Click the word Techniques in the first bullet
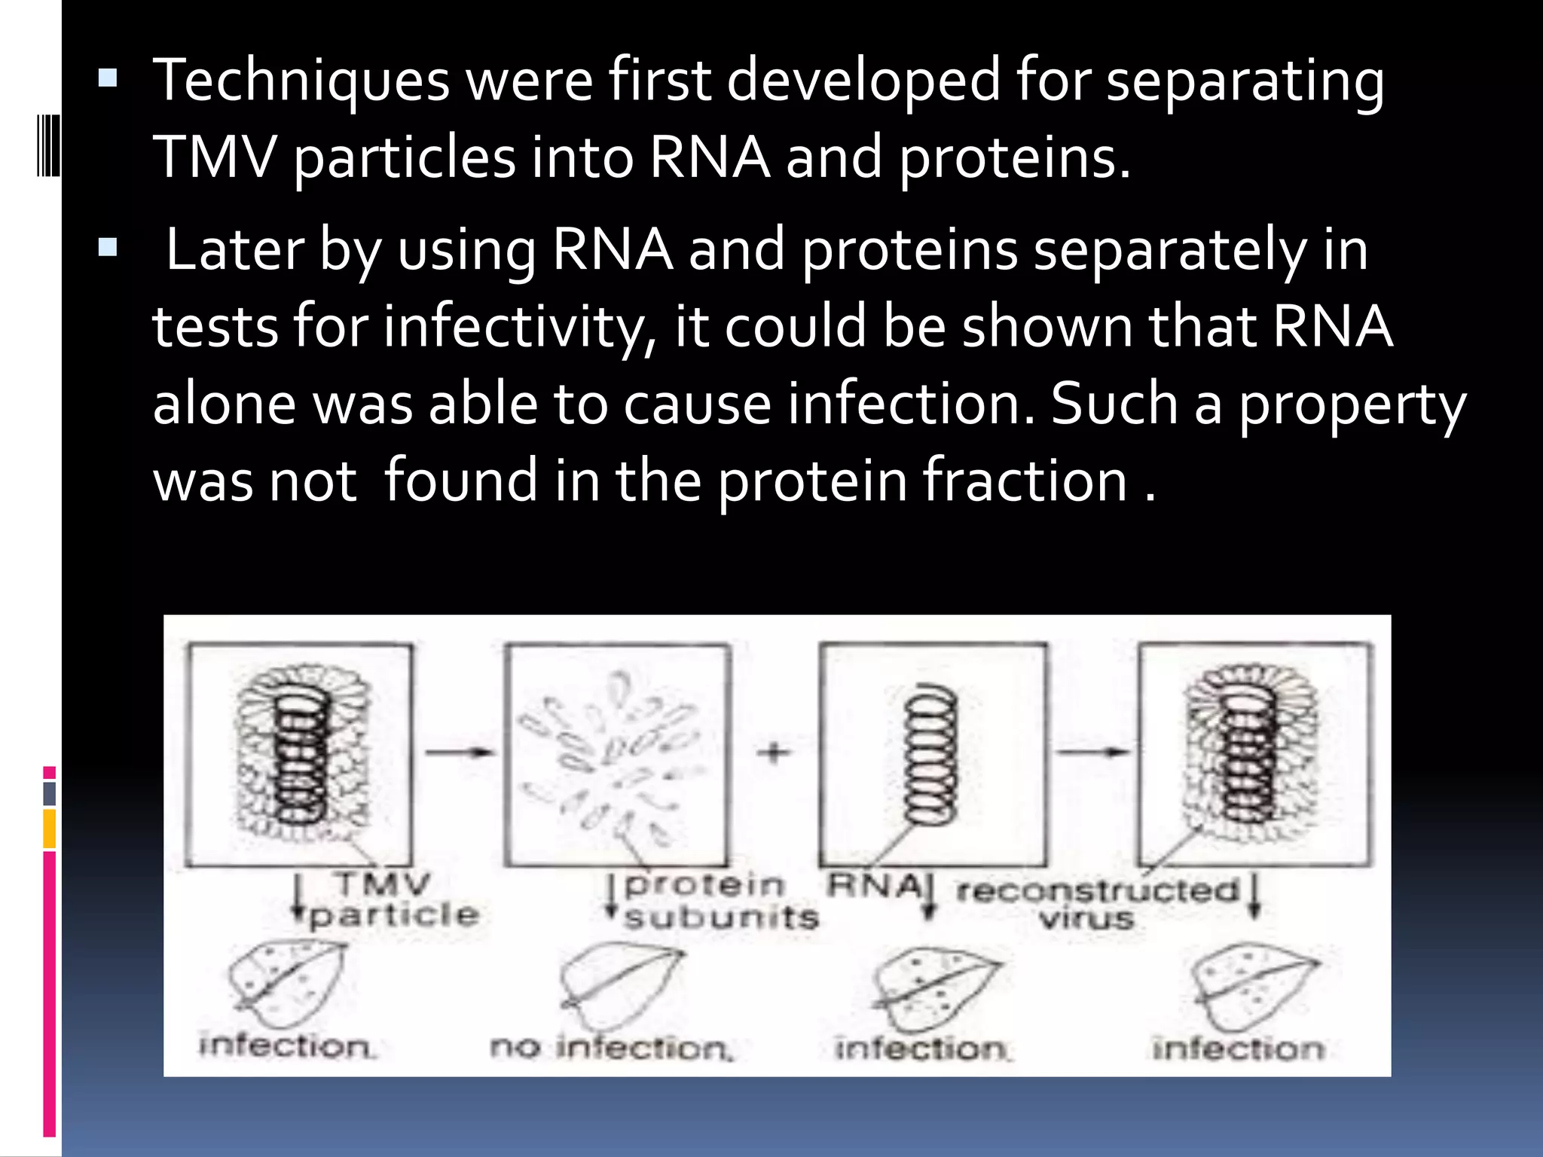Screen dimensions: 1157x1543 (301, 81)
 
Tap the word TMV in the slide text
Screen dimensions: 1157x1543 (213, 158)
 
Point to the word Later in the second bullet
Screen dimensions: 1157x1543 (234, 250)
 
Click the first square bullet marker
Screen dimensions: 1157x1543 (108, 78)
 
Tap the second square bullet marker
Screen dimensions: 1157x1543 (108, 248)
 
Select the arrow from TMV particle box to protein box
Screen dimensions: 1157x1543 (459, 752)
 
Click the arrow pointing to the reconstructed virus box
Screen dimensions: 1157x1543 (1092, 752)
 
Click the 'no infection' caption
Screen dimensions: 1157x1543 (611, 1048)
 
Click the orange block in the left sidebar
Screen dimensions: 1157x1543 (50, 829)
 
